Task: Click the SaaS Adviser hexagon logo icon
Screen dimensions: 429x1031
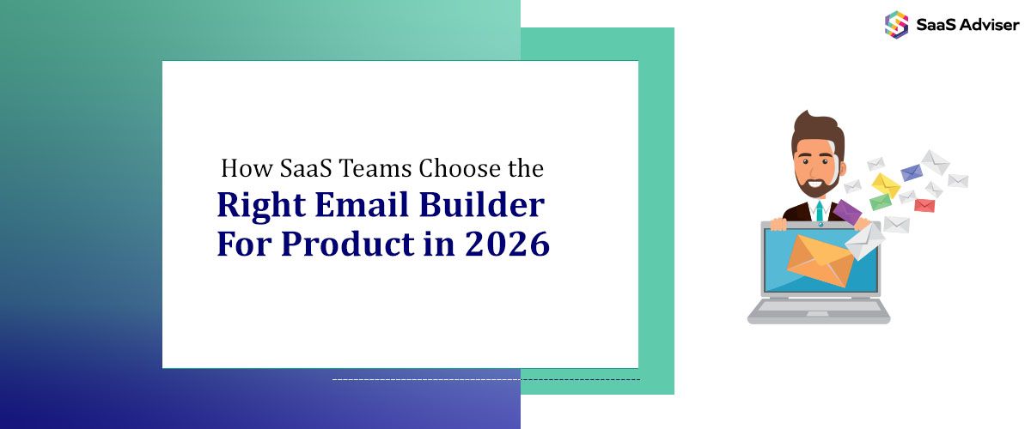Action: pyautogui.click(x=896, y=24)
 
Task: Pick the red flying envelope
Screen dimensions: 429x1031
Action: pyautogui.click(x=924, y=205)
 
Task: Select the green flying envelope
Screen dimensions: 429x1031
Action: pyautogui.click(x=881, y=202)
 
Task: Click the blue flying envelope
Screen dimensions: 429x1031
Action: pyautogui.click(x=911, y=172)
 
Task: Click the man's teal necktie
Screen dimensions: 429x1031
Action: pyautogui.click(x=820, y=211)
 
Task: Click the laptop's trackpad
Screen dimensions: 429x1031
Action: pyautogui.click(x=817, y=314)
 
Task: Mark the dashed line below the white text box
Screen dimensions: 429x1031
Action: pyautogui.click(x=485, y=378)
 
